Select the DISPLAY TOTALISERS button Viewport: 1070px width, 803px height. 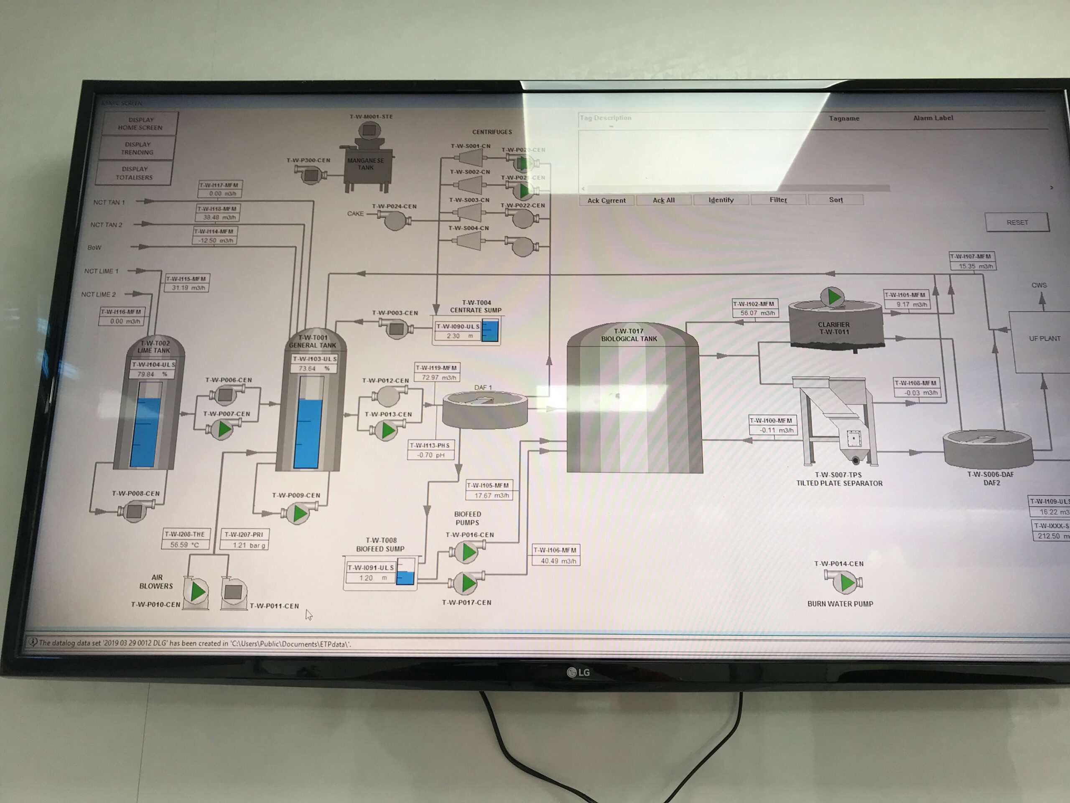tap(134, 173)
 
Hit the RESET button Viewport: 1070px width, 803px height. tap(1017, 222)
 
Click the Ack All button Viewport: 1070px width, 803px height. tap(663, 200)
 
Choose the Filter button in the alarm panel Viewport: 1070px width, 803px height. tap(778, 200)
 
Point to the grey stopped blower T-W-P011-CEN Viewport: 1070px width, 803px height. tap(234, 592)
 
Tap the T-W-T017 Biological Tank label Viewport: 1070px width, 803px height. tap(629, 335)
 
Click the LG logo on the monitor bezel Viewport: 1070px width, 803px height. tap(578, 673)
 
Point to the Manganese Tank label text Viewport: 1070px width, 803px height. tap(366, 164)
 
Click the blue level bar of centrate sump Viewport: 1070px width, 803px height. tap(490, 331)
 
